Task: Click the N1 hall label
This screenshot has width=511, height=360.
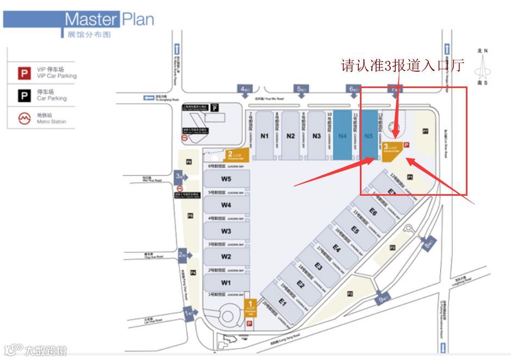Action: [x=265, y=136]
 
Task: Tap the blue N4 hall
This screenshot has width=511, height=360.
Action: [x=342, y=136]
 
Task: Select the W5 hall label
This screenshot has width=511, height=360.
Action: [x=226, y=179]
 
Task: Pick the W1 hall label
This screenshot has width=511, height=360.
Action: [x=226, y=283]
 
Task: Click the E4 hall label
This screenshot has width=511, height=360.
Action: [x=336, y=249]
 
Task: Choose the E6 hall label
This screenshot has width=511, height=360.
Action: [x=373, y=212]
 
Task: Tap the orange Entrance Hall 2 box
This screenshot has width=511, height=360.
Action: [x=238, y=156]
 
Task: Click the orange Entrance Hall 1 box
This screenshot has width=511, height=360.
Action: [x=251, y=307]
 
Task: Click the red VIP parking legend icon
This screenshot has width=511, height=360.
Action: [x=24, y=73]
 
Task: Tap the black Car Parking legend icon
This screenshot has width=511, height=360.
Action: [x=24, y=96]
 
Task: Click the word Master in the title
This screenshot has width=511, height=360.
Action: [x=91, y=20]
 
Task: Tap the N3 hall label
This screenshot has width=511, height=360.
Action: [x=317, y=136]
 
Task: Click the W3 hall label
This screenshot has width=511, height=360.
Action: [x=226, y=231]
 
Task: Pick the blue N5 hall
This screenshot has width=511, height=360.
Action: [x=369, y=136]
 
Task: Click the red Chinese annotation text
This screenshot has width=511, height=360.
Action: [x=402, y=66]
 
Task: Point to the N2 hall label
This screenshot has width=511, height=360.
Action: [x=291, y=136]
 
